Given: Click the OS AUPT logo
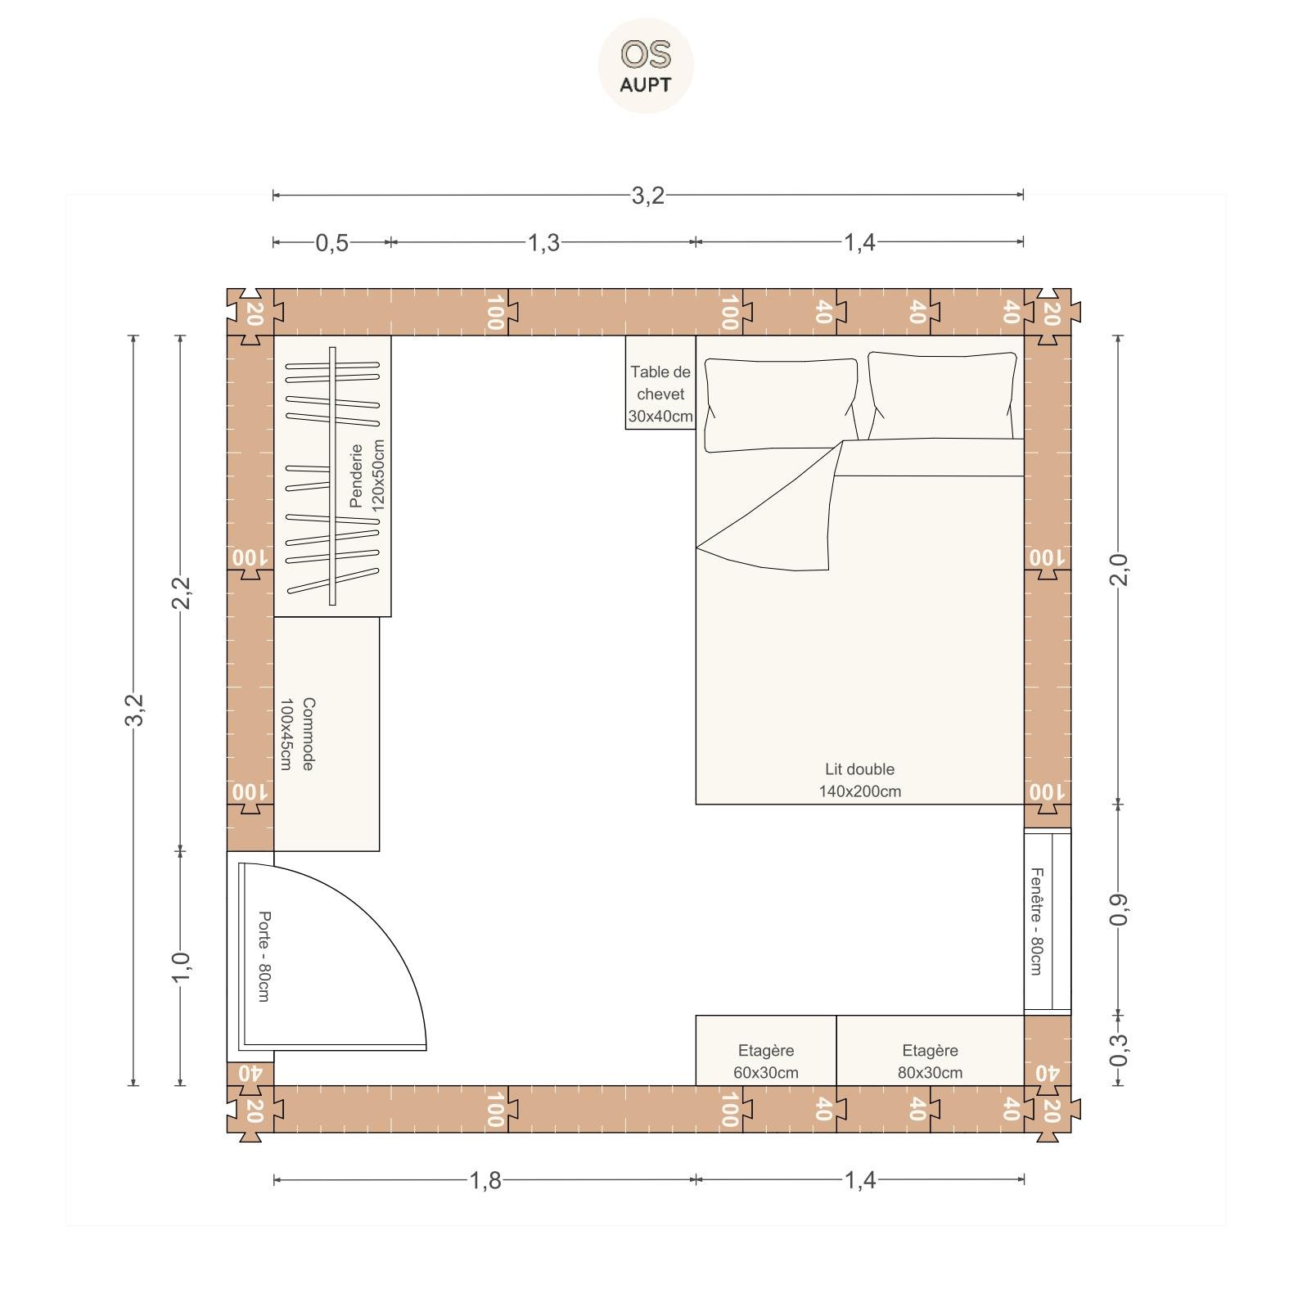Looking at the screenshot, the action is point(646,65).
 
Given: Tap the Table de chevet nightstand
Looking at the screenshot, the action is point(660,382).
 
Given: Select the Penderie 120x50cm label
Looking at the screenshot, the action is point(366,475).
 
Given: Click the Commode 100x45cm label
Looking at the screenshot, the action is point(296,733).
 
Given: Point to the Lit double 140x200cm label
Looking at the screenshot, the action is point(859,780).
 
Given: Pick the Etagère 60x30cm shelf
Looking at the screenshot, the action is point(766,1051).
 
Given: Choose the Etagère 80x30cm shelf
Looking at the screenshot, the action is point(930,1051).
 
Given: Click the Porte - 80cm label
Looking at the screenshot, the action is point(264,956).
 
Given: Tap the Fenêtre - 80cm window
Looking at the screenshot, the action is point(1048,922).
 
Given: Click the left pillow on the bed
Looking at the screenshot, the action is point(781,404).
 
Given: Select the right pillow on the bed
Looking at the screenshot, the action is point(943,396).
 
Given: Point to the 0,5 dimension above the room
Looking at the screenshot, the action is point(332,243).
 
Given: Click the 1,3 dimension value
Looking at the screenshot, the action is point(543,243).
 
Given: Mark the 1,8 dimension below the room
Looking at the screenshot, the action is point(485,1180).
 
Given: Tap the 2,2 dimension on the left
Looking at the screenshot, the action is point(181,593).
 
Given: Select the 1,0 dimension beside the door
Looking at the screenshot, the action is point(181,968).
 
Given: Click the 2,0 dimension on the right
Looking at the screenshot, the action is point(1119,570).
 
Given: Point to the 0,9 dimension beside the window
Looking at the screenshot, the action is point(1119,909).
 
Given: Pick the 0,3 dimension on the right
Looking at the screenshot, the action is point(1119,1051).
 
